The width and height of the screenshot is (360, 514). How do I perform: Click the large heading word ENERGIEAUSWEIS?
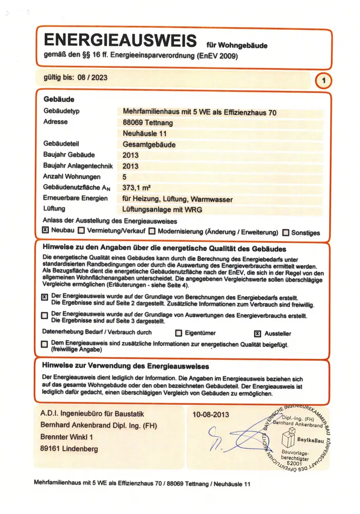[121, 41]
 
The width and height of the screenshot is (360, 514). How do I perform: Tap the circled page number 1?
[323, 81]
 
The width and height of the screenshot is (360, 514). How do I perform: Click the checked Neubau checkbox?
[45, 231]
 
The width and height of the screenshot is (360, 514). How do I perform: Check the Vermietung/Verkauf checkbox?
[81, 231]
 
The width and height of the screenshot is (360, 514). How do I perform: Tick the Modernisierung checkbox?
[146, 231]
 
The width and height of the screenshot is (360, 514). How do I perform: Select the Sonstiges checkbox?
[286, 232]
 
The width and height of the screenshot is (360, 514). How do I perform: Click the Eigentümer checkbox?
[179, 333]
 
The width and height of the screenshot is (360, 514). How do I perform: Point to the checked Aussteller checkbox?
[258, 333]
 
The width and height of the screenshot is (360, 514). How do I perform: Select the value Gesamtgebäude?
[149, 145]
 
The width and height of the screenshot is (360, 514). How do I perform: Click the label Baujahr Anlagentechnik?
[77, 166]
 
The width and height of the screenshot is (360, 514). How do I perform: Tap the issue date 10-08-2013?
[211, 414]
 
